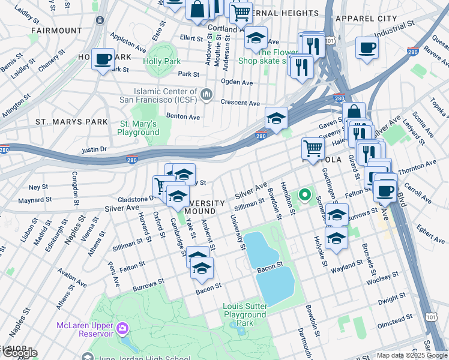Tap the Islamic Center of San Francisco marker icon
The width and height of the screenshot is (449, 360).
click(x=207, y=94)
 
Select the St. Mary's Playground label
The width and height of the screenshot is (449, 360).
click(x=137, y=128)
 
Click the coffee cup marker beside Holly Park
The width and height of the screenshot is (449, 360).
click(x=103, y=59)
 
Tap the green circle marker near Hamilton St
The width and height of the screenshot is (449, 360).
click(x=305, y=195)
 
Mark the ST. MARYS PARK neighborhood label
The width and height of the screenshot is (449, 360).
click(x=71, y=122)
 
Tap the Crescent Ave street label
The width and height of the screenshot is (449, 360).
click(x=240, y=103)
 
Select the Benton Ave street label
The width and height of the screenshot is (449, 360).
click(x=183, y=117)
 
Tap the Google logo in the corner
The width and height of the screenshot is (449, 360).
click(x=19, y=353)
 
